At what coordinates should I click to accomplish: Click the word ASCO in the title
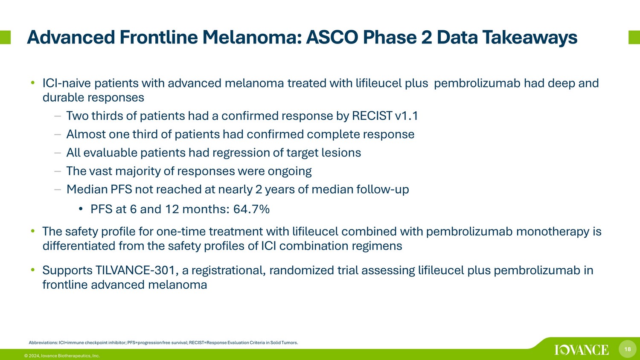click(332, 38)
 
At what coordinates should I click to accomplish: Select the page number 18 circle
click(628, 349)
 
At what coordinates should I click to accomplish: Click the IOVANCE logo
click(582, 350)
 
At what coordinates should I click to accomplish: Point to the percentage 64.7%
click(251, 209)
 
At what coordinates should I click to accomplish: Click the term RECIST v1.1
click(385, 116)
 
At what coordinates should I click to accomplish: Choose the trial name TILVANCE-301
click(135, 270)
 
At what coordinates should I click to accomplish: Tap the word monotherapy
click(553, 232)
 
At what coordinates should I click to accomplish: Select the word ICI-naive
click(67, 84)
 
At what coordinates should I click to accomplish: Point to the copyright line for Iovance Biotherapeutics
click(62, 356)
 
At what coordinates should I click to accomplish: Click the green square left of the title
click(5, 38)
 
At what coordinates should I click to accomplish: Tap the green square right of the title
click(634, 38)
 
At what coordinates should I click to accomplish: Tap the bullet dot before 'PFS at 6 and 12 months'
click(81, 209)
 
